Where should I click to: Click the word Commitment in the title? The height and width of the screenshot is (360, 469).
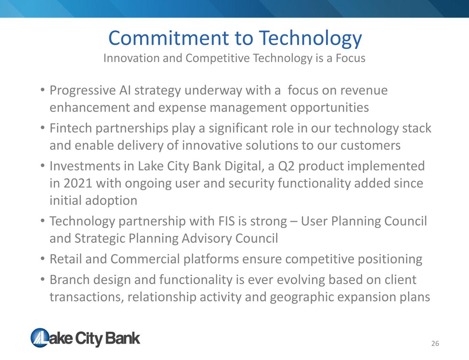[169, 38]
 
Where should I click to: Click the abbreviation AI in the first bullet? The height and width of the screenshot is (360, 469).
[125, 90]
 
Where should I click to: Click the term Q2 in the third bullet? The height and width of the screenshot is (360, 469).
[286, 166]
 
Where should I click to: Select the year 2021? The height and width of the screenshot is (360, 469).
[78, 183]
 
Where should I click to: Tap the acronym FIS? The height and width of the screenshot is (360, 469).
[226, 221]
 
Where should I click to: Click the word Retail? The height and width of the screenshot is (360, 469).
[66, 259]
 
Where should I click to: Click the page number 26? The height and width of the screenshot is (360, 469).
[435, 343]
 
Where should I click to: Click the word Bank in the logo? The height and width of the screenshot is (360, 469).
[123, 338]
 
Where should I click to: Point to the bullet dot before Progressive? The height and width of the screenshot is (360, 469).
[43, 90]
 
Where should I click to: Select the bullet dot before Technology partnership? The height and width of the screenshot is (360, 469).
[43, 221]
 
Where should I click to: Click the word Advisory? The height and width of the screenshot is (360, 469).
[206, 239]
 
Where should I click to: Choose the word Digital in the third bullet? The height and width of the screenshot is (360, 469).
[245, 166]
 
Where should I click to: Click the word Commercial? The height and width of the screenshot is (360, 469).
[145, 259]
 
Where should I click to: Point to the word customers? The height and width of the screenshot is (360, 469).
[370, 145]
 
